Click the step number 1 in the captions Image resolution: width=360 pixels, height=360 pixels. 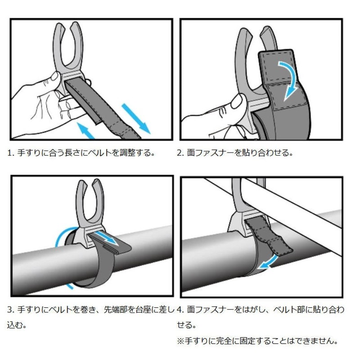(x=9, y=153)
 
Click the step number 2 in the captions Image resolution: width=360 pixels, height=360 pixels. (x=179, y=153)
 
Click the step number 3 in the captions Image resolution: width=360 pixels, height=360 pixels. (x=9, y=310)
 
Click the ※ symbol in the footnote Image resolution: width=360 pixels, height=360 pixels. (x=181, y=341)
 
